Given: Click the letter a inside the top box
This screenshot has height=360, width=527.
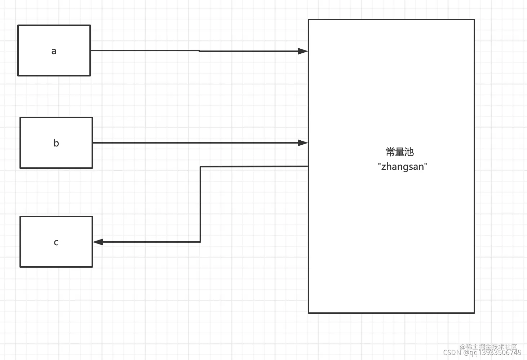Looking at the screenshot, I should pyautogui.click(x=54, y=51).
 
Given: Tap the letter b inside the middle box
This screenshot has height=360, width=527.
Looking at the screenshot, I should pyautogui.click(x=56, y=143).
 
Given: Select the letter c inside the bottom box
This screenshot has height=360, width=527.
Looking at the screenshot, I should pyautogui.click(x=56, y=242).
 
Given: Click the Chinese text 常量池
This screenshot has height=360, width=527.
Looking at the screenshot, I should pyautogui.click(x=399, y=152).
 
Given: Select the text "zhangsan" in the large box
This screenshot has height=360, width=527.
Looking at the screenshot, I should pyautogui.click(x=402, y=167).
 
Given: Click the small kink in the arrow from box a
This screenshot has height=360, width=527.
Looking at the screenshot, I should pyautogui.click(x=199, y=51).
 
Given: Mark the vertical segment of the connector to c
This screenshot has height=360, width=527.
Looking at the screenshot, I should pyautogui.click(x=200, y=204).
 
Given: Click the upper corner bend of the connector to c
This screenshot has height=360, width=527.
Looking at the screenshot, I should pyautogui.click(x=200, y=167).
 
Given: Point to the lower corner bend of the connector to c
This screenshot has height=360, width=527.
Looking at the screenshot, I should pyautogui.click(x=200, y=242).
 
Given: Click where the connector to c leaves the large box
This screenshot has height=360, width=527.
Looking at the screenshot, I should pyautogui.click(x=308, y=166).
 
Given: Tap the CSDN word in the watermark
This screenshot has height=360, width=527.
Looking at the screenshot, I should pyautogui.click(x=452, y=352).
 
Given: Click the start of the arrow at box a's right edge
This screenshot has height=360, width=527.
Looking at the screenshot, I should pyautogui.click(x=91, y=51).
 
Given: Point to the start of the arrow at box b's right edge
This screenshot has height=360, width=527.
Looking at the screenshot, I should pyautogui.click(x=93, y=143).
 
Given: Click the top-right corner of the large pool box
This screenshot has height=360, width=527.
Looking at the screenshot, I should pyautogui.click(x=474, y=19).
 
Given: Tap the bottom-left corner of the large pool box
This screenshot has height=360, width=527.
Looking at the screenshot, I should pyautogui.click(x=309, y=313).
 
